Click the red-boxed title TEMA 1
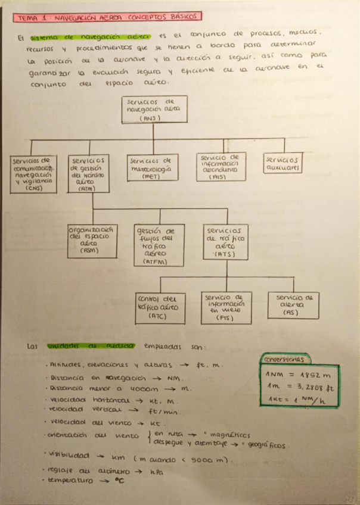point(107,18)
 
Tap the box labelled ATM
point(89,173)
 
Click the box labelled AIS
point(219,166)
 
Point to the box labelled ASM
point(91,239)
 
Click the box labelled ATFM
point(155,245)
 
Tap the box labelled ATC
point(157,308)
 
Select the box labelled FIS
point(224,307)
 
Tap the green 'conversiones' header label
point(285,359)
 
